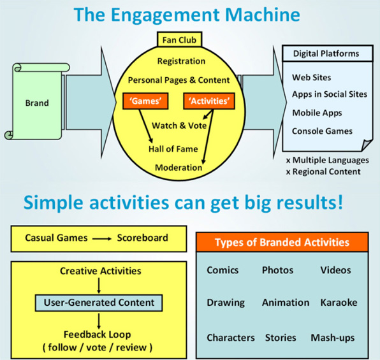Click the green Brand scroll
tap(36, 102)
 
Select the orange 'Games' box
tap(143, 100)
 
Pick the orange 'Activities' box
tap(207, 100)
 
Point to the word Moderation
tap(179, 168)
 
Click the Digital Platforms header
tap(326, 54)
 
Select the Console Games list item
tap(322, 131)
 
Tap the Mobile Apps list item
tap(318, 113)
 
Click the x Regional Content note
tap(323, 171)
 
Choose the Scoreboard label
tap(142, 238)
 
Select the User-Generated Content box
tap(99, 302)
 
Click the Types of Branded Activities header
tap(282, 242)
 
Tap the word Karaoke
tap(339, 303)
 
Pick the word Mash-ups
tap(333, 337)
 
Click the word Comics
tap(223, 270)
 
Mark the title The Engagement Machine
tap(189, 15)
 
